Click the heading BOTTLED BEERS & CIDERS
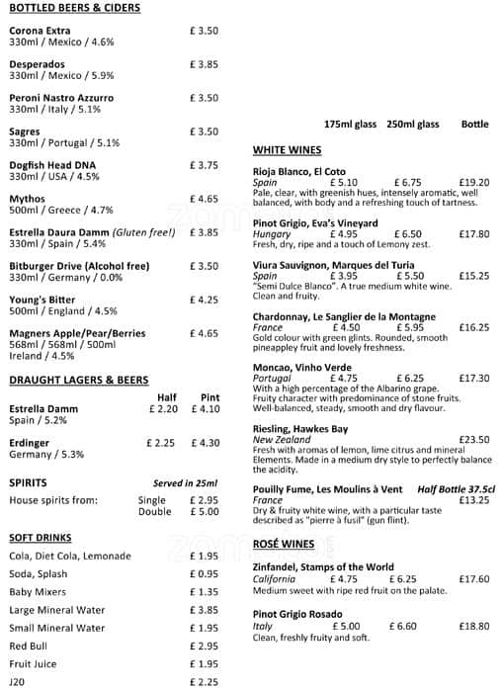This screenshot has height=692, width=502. coord(74,8)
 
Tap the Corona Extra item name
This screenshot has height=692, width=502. coord(40,31)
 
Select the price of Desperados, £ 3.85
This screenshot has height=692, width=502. coord(204,64)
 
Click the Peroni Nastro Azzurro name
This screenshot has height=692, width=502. coord(61,98)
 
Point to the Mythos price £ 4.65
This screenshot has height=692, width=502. coord(204,199)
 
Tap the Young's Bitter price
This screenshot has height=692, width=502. coord(204,300)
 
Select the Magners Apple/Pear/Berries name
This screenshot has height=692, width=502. coord(77,333)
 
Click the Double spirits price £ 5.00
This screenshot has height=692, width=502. coord(204,512)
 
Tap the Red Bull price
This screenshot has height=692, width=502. coord(204,646)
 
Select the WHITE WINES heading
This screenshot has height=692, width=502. coord(288,150)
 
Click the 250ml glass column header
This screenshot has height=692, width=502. coord(413,125)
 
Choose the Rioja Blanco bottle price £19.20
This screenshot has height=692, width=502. coord(473,183)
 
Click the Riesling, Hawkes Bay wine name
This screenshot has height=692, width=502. coord(300,428)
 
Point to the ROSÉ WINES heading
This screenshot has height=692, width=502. coord(284,544)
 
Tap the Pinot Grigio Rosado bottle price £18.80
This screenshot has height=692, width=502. coord(473,626)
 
